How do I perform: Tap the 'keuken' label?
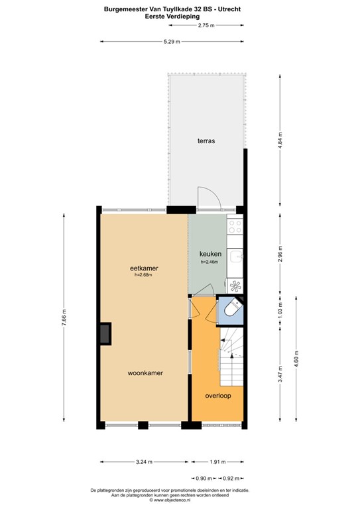pos(210,254)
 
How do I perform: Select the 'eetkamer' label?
pos(144,268)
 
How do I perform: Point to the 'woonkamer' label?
pos(145,373)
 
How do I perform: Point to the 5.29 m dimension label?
pos(174,42)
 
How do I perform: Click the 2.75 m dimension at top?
pos(206,25)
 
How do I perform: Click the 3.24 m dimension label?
pos(144,462)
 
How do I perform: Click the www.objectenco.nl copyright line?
pos(180,501)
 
